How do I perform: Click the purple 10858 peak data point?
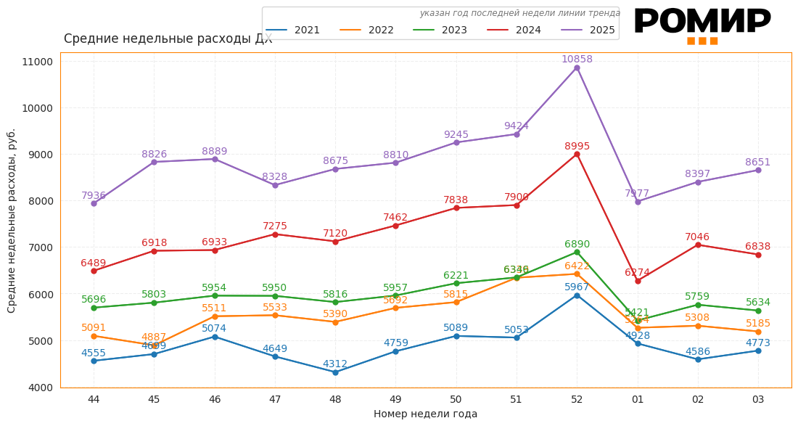point(577,67)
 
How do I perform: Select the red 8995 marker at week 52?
point(577,154)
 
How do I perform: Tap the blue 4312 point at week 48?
point(335,372)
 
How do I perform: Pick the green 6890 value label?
point(577,245)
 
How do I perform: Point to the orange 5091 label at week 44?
point(94,328)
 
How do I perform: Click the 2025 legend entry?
point(589,30)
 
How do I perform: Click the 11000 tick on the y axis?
point(38,62)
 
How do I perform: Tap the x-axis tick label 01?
point(637,399)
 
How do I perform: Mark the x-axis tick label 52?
point(577,399)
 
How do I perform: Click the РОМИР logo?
point(702,23)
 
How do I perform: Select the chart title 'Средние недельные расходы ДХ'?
point(168,39)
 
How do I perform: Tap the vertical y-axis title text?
point(12,221)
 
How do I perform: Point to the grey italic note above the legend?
point(519,13)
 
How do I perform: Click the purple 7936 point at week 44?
point(94,203)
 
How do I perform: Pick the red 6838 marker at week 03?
point(758,255)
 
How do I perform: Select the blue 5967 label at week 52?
point(577,287)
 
